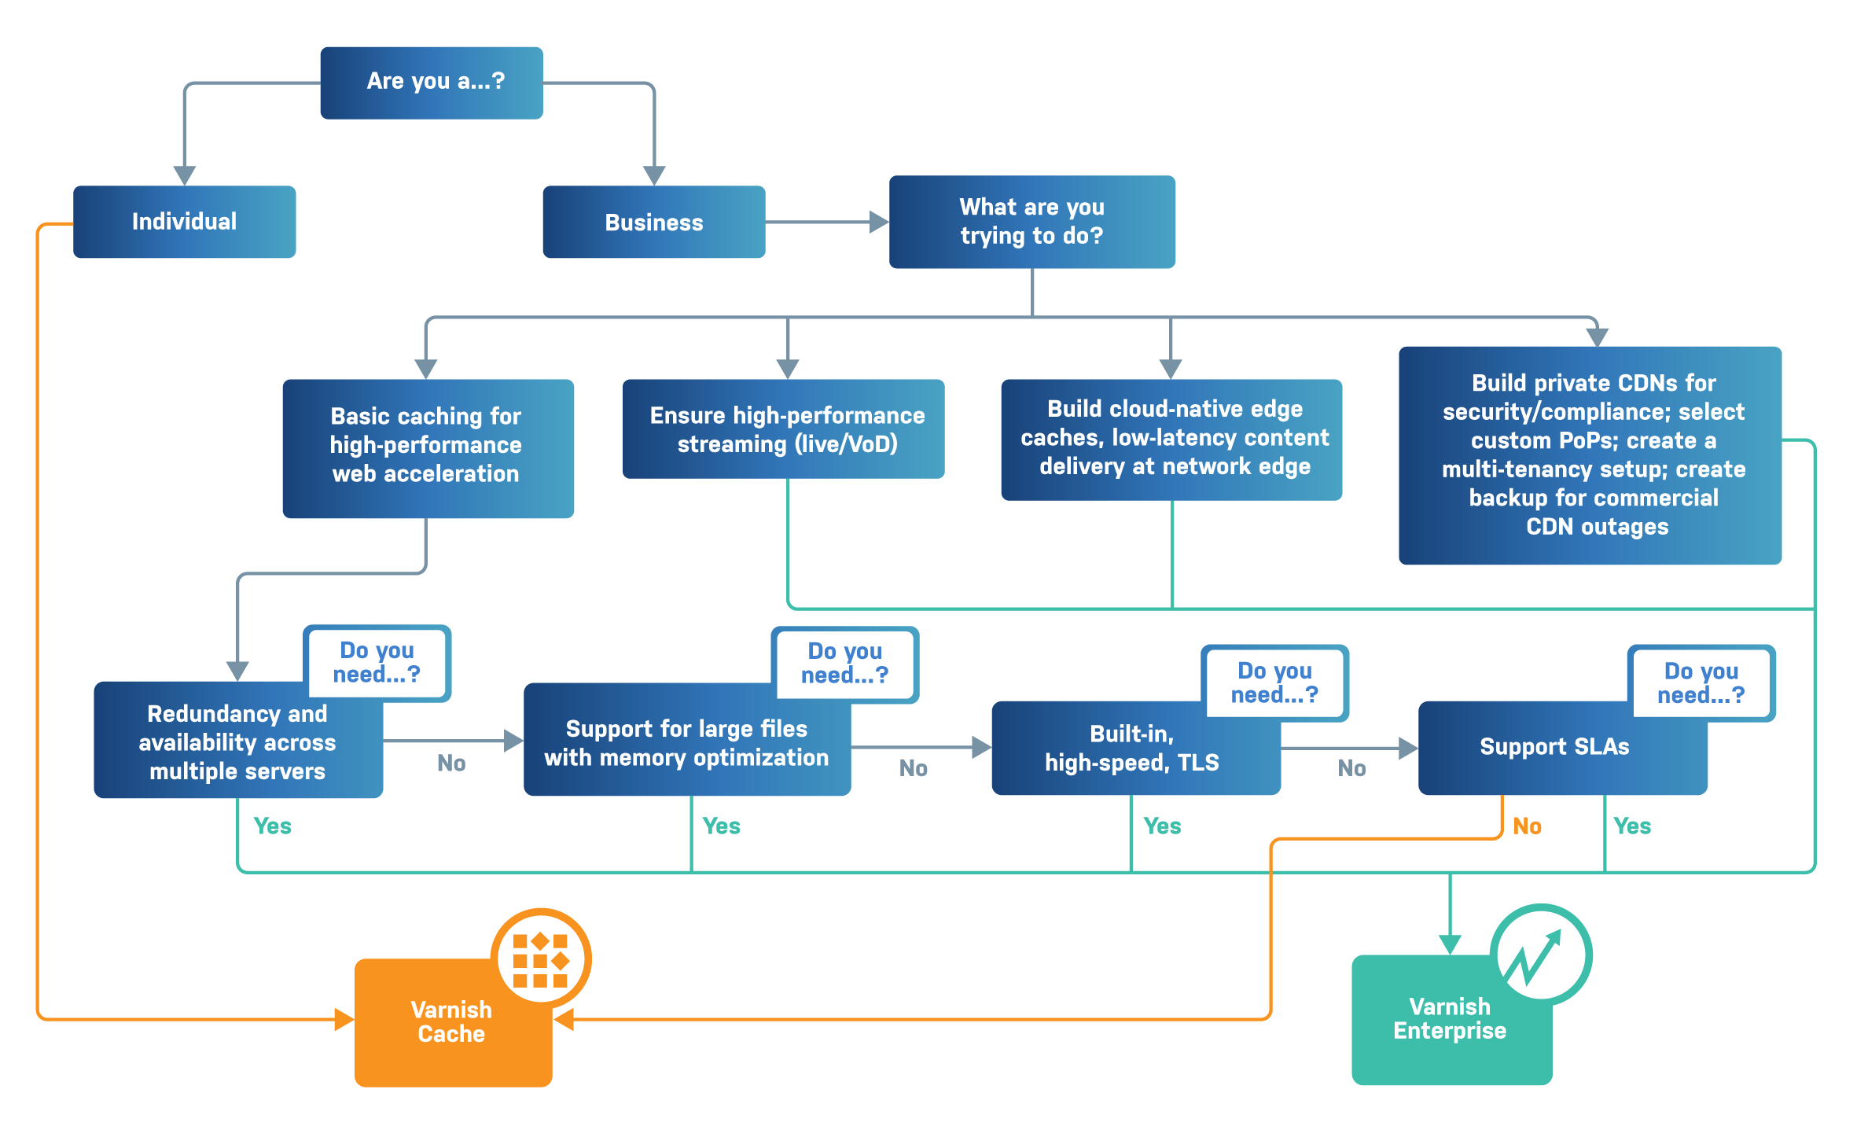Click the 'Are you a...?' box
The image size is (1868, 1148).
[x=431, y=83]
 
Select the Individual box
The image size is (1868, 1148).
[x=184, y=222]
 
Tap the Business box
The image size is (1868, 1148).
[x=653, y=223]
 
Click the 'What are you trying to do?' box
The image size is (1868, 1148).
[x=1031, y=222]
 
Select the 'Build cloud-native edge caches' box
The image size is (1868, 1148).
[x=1171, y=439]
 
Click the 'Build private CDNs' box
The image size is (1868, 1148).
[x=1590, y=455]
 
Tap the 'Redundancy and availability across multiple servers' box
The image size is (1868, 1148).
[x=237, y=742]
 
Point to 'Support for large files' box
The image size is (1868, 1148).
[x=686, y=742]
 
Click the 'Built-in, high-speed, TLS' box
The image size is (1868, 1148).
[x=1133, y=749]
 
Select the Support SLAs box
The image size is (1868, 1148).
[x=1554, y=747]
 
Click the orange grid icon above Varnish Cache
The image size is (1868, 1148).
[x=541, y=959]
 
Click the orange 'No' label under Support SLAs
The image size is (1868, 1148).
[x=1527, y=826]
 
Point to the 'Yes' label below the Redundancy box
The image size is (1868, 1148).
[x=272, y=826]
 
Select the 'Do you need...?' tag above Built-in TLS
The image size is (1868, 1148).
[x=1274, y=683]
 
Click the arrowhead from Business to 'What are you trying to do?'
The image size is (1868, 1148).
[x=878, y=223]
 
